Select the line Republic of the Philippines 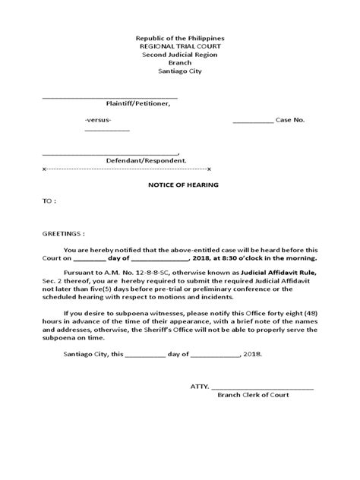pyautogui.click(x=179, y=38)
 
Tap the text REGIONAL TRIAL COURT pyautogui.click(x=179, y=46)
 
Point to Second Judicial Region pyautogui.click(x=179, y=55)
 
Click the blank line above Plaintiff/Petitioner pyautogui.click(x=109, y=96)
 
